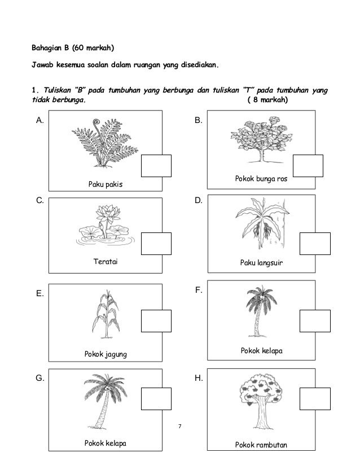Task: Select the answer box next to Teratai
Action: (x=156, y=244)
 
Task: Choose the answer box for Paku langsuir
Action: (x=314, y=244)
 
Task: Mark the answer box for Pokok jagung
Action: (x=156, y=322)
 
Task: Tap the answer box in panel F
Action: (x=314, y=320)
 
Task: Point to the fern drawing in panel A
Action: (x=105, y=144)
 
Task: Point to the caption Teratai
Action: (x=106, y=262)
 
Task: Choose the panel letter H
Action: (x=198, y=379)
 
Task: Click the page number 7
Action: (x=179, y=424)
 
